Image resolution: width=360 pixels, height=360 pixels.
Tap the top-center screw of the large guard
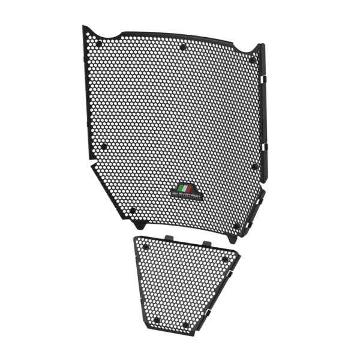pyautogui.click(x=183, y=46)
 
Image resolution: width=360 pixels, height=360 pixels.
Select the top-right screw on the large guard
pyautogui.click(x=252, y=59)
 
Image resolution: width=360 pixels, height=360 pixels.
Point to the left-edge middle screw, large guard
pyautogui.click(x=104, y=146)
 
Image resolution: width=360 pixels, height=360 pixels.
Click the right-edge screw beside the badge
pyautogui.click(x=254, y=166)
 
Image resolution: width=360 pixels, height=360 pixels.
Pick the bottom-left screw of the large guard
pyautogui.click(x=132, y=210)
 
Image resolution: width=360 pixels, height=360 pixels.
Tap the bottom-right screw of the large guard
pyautogui.click(x=236, y=226)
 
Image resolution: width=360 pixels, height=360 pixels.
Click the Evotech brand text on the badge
pyautogui.click(x=187, y=194)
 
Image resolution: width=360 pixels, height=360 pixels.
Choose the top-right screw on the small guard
pyautogui.click(x=225, y=259)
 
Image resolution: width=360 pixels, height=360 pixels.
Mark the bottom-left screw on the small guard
pyautogui.click(x=157, y=319)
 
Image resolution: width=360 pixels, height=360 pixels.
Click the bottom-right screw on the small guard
pyautogui.click(x=185, y=325)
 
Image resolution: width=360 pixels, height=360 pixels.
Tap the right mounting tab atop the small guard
pyautogui.click(x=207, y=242)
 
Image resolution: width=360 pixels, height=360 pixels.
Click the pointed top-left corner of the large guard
pyautogui.click(x=85, y=28)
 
